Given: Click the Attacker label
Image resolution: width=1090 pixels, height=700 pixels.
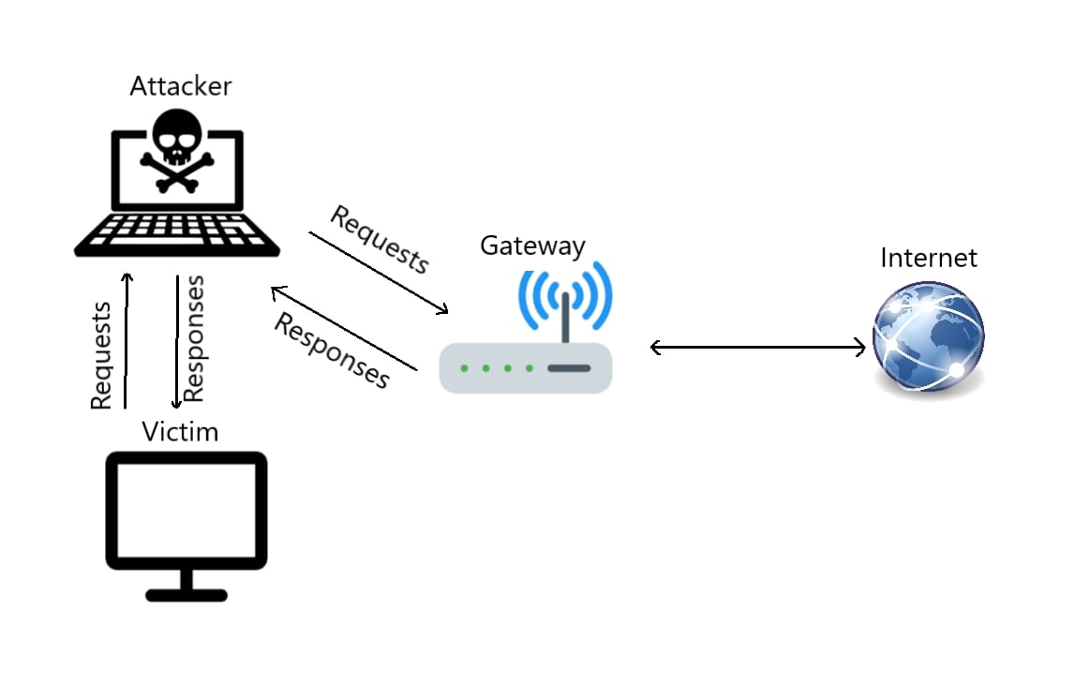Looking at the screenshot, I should click(180, 86).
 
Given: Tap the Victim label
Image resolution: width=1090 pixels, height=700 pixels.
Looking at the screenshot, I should click(180, 432).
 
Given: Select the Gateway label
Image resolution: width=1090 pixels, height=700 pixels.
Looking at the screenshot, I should click(532, 246).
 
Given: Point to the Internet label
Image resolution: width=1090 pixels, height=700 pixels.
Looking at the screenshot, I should click(928, 258).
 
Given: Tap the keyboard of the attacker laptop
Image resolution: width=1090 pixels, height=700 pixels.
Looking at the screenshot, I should click(178, 231).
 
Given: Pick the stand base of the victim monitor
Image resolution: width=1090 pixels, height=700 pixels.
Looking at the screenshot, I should click(187, 593).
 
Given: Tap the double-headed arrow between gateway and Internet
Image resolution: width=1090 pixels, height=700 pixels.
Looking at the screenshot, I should click(757, 349).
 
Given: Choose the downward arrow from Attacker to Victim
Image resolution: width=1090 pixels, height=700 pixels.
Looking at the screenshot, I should click(177, 342).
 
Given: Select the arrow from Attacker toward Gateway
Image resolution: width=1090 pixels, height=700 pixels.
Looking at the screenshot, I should click(379, 272).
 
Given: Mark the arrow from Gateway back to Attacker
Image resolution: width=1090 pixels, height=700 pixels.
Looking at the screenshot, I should click(342, 329).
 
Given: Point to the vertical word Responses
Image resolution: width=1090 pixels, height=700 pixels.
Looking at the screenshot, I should click(194, 339).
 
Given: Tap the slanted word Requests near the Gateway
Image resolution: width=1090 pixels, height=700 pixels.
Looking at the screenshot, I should click(380, 240).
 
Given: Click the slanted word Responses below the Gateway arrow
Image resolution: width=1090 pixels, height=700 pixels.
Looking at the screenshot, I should click(331, 350).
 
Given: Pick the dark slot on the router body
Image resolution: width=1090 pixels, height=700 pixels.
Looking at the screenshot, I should click(569, 368).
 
